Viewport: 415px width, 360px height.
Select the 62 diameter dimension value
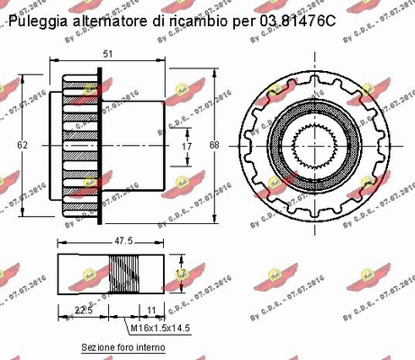pos(23,143)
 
